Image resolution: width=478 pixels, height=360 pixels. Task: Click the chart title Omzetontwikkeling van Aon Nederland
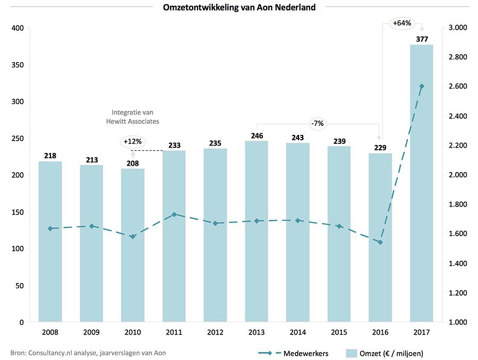[239, 7]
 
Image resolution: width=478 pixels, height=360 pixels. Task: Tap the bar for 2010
[133, 245]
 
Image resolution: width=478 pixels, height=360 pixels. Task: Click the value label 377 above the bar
[421, 39]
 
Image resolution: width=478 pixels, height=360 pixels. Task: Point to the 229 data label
[380, 148]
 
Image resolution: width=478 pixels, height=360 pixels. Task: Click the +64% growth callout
[402, 23]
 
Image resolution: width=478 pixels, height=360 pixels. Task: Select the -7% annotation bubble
[318, 124]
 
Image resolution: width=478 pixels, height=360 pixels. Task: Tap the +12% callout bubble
[133, 141]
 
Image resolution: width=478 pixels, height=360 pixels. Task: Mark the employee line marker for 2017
[421, 86]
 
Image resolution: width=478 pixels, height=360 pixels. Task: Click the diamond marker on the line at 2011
[174, 215]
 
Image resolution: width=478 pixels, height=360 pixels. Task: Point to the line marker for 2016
[380, 242]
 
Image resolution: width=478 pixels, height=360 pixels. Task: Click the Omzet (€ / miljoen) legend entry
[385, 353]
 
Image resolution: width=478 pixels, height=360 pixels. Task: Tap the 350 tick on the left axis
[18, 65]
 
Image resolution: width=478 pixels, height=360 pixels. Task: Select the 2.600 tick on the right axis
[457, 86]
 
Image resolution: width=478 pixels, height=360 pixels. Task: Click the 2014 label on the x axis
[297, 332]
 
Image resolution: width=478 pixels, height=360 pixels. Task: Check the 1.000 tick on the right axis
[457, 322]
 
